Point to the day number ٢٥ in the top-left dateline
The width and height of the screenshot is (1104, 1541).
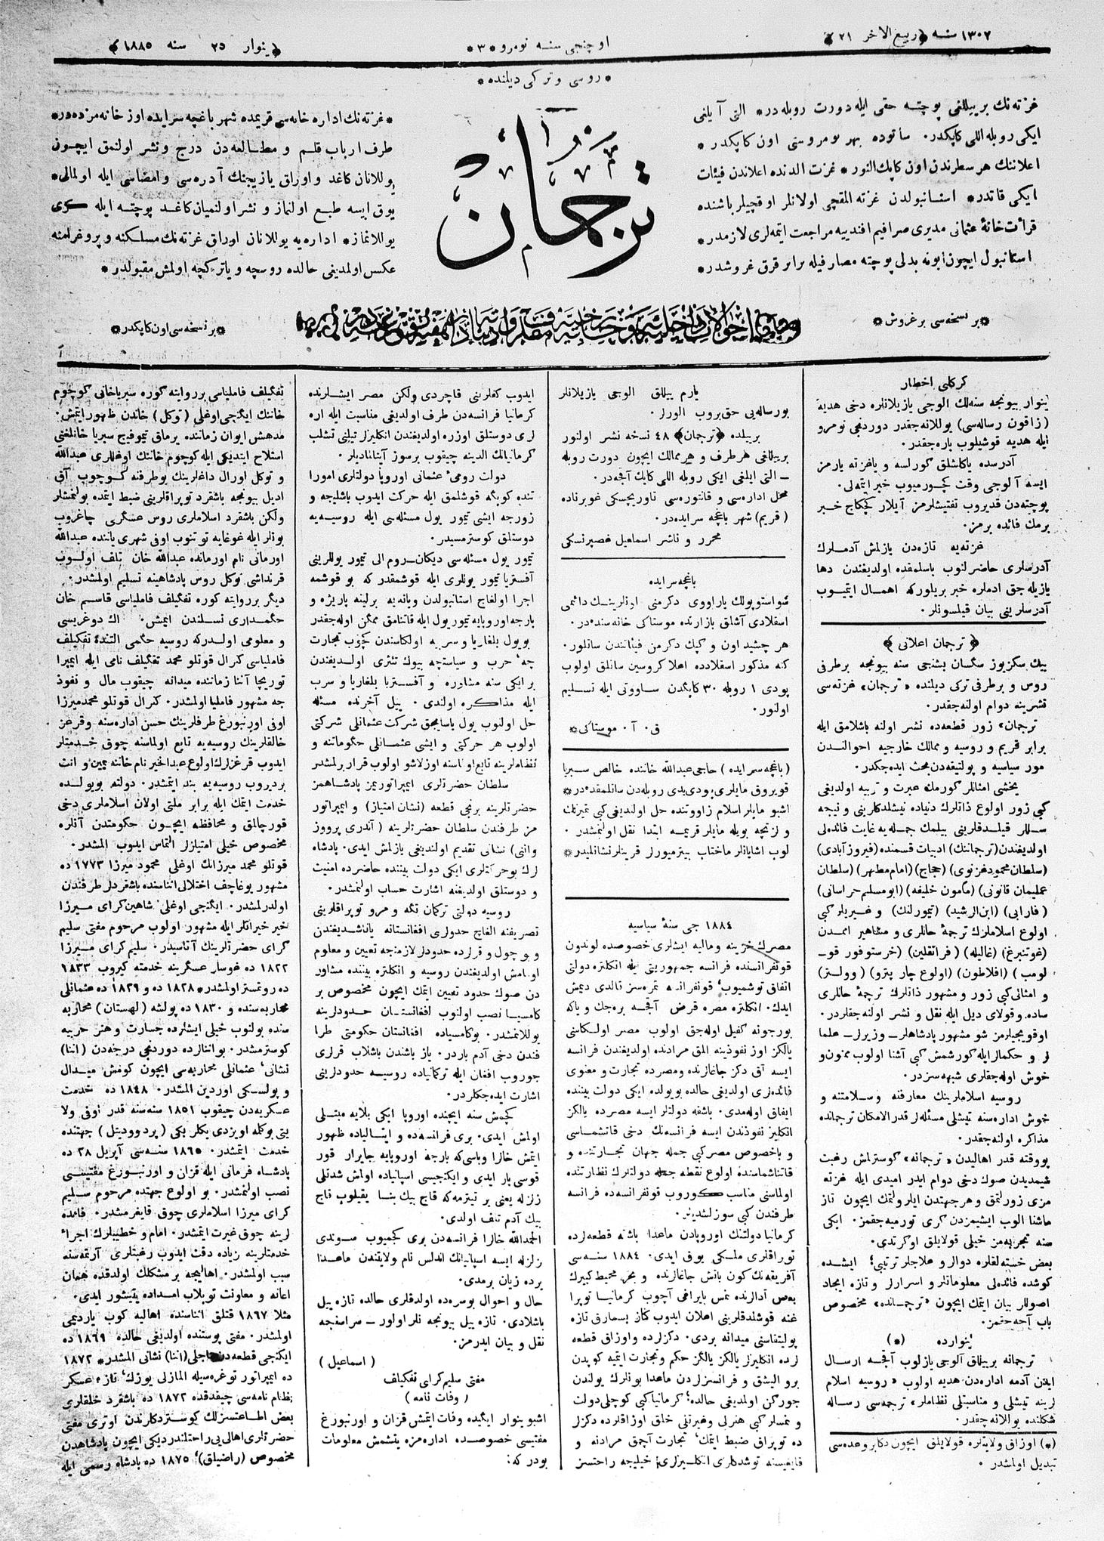[x=219, y=45]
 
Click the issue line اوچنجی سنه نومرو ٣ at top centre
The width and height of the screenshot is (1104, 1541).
[x=544, y=44]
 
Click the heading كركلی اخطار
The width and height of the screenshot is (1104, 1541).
[x=933, y=381]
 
